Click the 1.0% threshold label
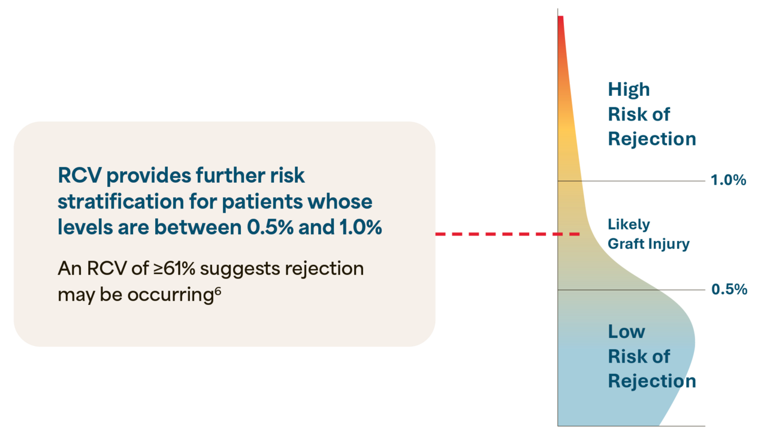(x=728, y=180)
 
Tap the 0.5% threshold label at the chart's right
(x=729, y=289)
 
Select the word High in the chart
(x=629, y=90)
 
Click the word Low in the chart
(x=626, y=331)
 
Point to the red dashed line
(x=507, y=234)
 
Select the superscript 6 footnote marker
(x=218, y=290)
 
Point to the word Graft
(x=625, y=244)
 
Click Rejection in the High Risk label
(x=652, y=139)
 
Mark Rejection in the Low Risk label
(x=652, y=381)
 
